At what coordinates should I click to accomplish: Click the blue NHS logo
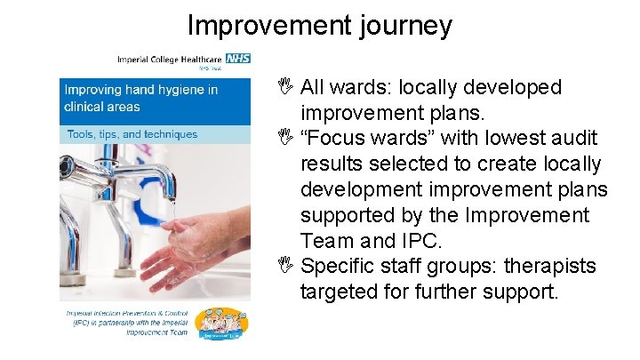(237, 58)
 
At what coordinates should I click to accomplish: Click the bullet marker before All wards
(284, 88)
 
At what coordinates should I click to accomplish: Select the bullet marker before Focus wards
(284, 140)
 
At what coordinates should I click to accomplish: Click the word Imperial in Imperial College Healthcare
(137, 60)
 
